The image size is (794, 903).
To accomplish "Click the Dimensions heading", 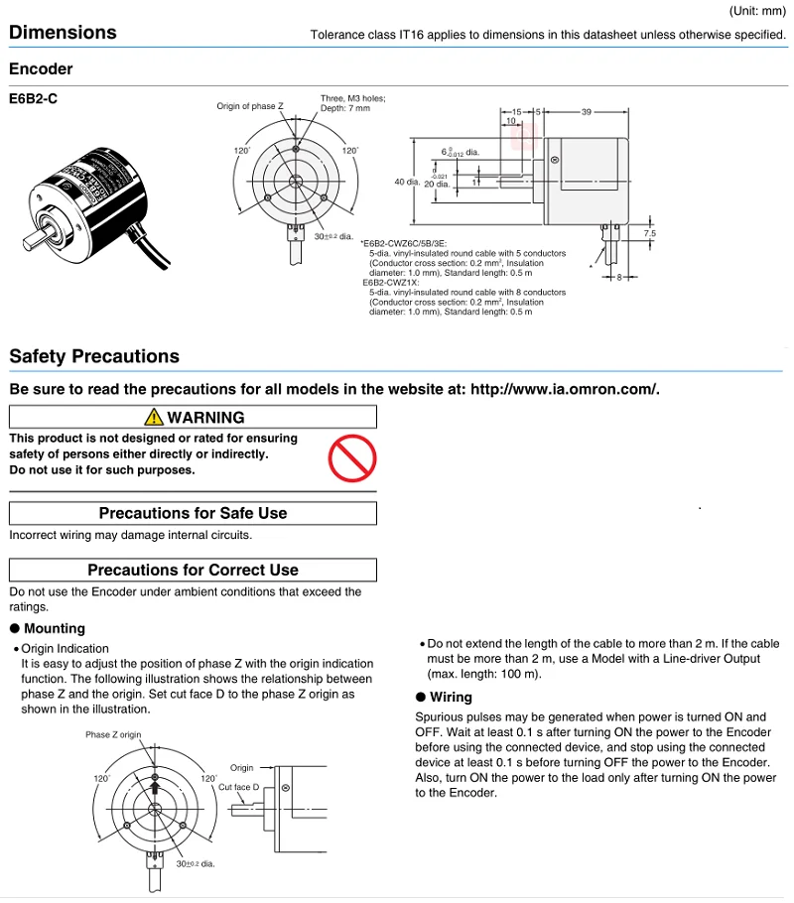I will click(63, 33).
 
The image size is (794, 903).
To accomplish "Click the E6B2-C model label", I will click(33, 100).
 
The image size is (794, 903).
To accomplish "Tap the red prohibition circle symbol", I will click(352, 455).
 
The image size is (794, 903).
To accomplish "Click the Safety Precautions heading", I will click(94, 356).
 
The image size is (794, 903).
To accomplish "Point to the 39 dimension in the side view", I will click(586, 112).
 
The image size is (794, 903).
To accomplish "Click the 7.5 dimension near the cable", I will click(650, 232).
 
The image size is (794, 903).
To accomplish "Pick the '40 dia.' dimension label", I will click(407, 182).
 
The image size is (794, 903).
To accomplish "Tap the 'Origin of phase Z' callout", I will click(250, 106).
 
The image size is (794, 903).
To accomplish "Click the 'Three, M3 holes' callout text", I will click(352, 98).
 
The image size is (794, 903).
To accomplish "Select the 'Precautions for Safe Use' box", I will click(193, 513).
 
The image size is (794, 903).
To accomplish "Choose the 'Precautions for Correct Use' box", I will click(193, 570).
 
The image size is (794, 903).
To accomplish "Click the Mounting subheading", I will click(54, 628).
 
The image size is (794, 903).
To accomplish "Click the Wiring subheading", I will click(451, 697).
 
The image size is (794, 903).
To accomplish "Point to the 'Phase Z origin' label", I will click(113, 735).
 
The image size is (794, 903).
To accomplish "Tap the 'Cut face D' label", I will click(238, 786).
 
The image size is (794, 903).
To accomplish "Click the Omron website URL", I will click(564, 389).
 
